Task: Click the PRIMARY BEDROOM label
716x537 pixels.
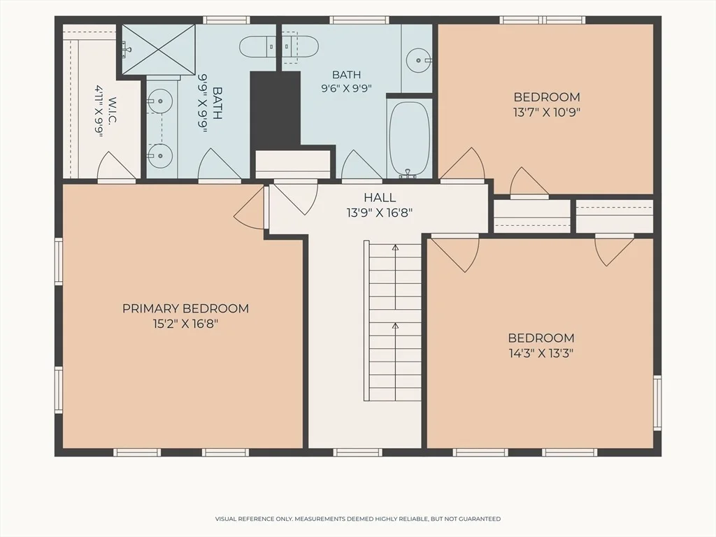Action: point(185,308)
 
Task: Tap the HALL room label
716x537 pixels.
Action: point(380,198)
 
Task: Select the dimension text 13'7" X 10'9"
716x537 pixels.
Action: point(547,113)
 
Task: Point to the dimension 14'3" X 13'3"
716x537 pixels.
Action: point(541,353)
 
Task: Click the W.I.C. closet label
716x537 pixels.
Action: point(113,110)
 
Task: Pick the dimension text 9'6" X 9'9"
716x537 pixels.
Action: point(347,88)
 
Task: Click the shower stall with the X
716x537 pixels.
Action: point(159,49)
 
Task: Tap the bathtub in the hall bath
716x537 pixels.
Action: point(409,137)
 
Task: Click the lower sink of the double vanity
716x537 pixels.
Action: point(160,156)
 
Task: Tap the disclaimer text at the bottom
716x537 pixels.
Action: point(358,519)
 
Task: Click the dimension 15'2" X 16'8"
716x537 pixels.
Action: point(185,324)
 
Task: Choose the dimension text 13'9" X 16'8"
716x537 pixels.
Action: point(380,213)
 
